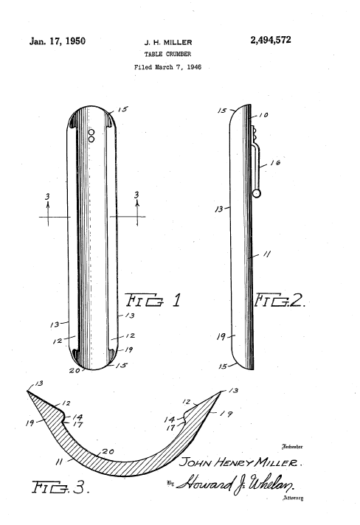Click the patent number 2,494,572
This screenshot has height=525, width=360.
pos(271,40)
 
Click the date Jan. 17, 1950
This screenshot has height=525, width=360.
pos(58,41)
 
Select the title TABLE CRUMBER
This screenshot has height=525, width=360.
pos(167,54)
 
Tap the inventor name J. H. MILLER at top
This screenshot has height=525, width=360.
pos(168,43)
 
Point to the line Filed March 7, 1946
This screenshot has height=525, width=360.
pos(167,67)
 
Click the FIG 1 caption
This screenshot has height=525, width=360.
pos(153,300)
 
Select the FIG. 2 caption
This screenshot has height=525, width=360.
pos(280,300)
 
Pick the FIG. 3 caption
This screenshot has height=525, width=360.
pos(60,487)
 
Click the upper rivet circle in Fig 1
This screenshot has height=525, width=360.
pos(91,133)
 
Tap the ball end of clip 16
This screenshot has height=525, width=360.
pos(257,193)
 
